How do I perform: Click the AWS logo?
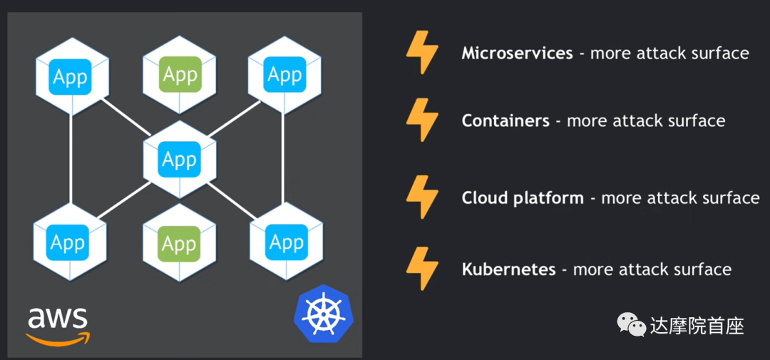tap(58, 325)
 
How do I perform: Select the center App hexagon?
tap(179, 159)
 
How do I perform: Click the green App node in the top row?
tap(180, 75)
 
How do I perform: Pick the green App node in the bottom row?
tap(179, 244)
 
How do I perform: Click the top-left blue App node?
tap(71, 76)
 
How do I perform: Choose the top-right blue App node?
tap(284, 74)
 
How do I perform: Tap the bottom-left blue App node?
tap(69, 243)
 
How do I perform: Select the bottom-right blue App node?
tap(287, 242)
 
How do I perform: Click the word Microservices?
tap(517, 53)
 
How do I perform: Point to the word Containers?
tap(505, 121)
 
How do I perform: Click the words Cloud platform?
tap(523, 198)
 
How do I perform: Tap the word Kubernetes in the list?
tap(508, 269)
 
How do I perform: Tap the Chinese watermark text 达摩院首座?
tap(697, 326)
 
